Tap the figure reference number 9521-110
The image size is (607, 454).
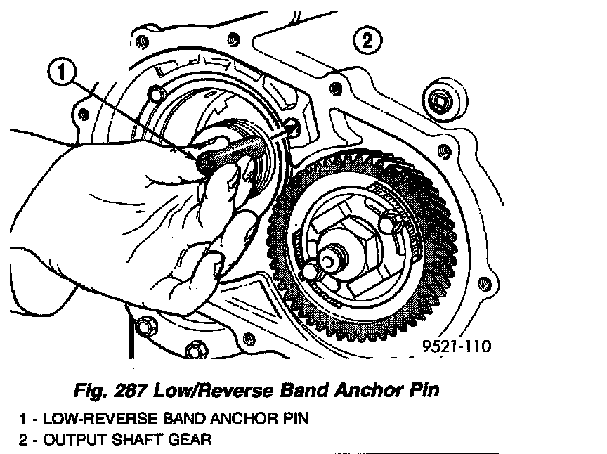(456, 346)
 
